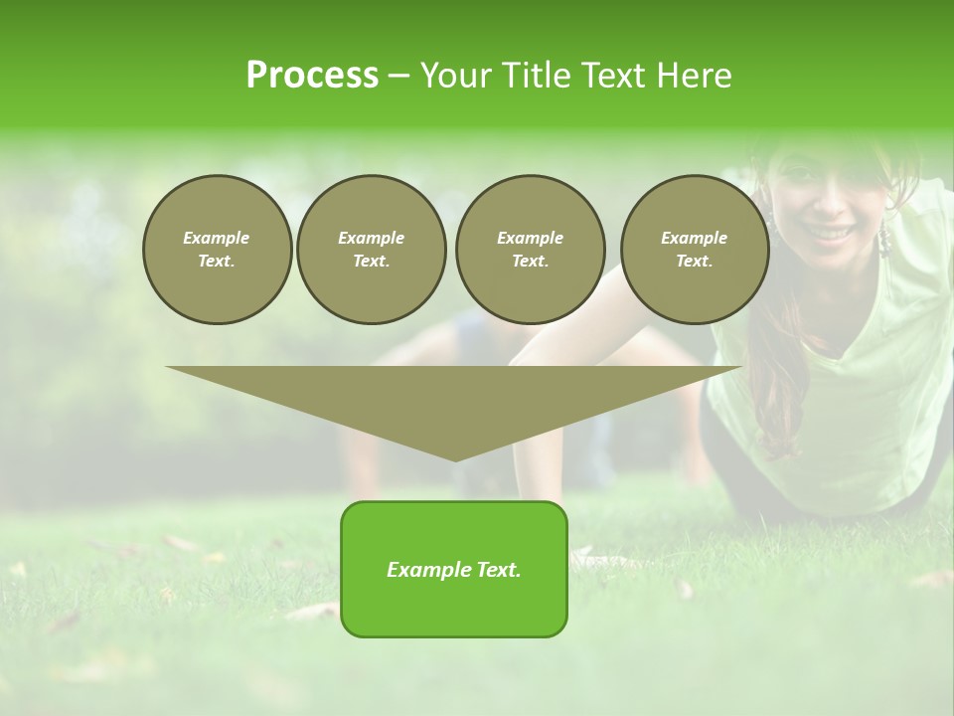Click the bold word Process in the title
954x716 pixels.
click(x=312, y=76)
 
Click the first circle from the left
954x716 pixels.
click(x=217, y=250)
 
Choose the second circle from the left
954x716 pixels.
click(x=371, y=250)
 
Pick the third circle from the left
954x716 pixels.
click(x=530, y=250)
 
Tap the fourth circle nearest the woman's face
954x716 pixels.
click(x=694, y=250)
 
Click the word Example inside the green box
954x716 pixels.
click(x=426, y=570)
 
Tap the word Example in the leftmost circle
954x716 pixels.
click(x=217, y=239)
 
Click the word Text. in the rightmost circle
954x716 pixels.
click(x=694, y=262)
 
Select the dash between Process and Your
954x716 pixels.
click(x=398, y=76)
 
